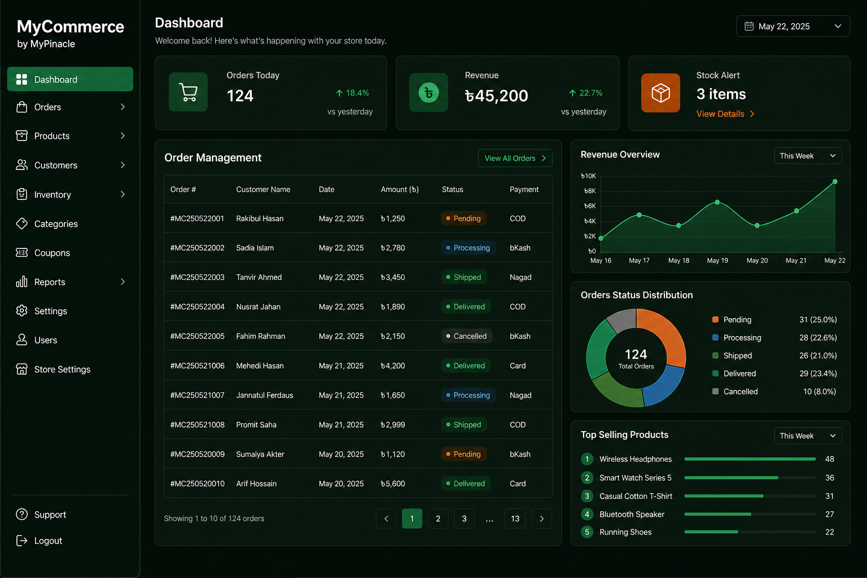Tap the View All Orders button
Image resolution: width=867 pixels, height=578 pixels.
click(515, 158)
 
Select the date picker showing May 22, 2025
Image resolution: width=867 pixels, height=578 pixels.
click(792, 27)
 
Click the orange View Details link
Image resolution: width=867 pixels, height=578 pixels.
click(725, 114)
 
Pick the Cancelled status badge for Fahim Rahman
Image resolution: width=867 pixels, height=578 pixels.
click(466, 336)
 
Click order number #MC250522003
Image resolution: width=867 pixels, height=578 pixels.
click(198, 277)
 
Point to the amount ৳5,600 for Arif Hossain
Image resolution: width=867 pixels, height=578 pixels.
click(392, 484)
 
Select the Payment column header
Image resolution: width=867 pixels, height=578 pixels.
click(524, 189)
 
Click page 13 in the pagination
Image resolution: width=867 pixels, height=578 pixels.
click(515, 518)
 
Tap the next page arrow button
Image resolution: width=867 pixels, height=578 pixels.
click(541, 518)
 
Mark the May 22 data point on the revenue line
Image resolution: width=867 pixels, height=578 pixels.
click(835, 182)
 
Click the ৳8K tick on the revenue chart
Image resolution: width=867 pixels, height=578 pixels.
click(590, 191)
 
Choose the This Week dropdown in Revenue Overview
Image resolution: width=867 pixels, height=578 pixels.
click(808, 156)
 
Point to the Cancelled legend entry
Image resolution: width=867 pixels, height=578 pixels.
click(735, 391)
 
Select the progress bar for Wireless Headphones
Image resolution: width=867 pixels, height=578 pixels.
click(750, 459)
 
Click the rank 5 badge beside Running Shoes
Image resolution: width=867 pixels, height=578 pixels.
click(587, 532)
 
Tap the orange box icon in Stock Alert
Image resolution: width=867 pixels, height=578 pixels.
click(660, 93)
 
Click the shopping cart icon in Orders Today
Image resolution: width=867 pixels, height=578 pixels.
click(188, 92)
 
